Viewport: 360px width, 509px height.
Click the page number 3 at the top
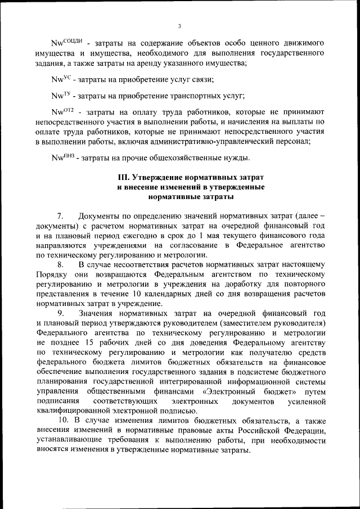(179, 26)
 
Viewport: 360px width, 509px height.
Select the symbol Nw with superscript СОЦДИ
(67, 43)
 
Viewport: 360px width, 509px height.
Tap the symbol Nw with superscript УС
(61, 80)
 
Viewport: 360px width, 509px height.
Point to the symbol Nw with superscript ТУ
(61, 96)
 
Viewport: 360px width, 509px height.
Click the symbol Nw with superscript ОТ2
(62, 111)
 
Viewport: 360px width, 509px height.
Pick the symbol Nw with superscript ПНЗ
(62, 157)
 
